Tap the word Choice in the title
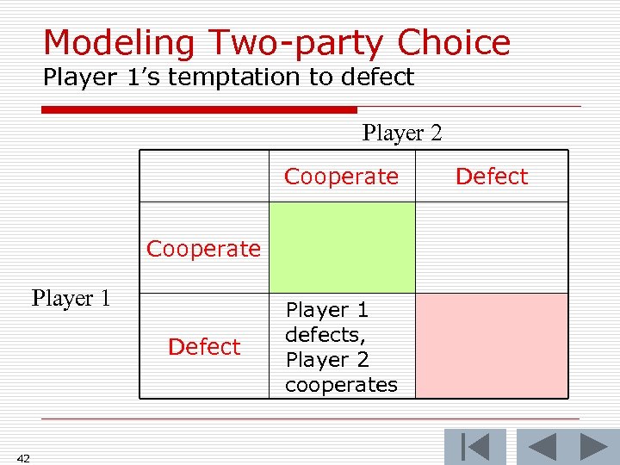coord(454,42)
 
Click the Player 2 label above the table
coord(402,133)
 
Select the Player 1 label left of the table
coord(71,299)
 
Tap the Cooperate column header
coord(341,177)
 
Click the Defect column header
coord(491,177)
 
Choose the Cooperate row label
coord(203,249)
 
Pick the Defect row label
coord(204,347)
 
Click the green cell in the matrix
coord(342,247)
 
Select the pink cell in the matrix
coord(491,345)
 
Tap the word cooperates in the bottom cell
coord(341,385)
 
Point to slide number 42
coord(22,458)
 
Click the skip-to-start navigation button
coord(474,447)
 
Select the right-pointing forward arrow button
coord(594,447)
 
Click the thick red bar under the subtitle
coord(199,109)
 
